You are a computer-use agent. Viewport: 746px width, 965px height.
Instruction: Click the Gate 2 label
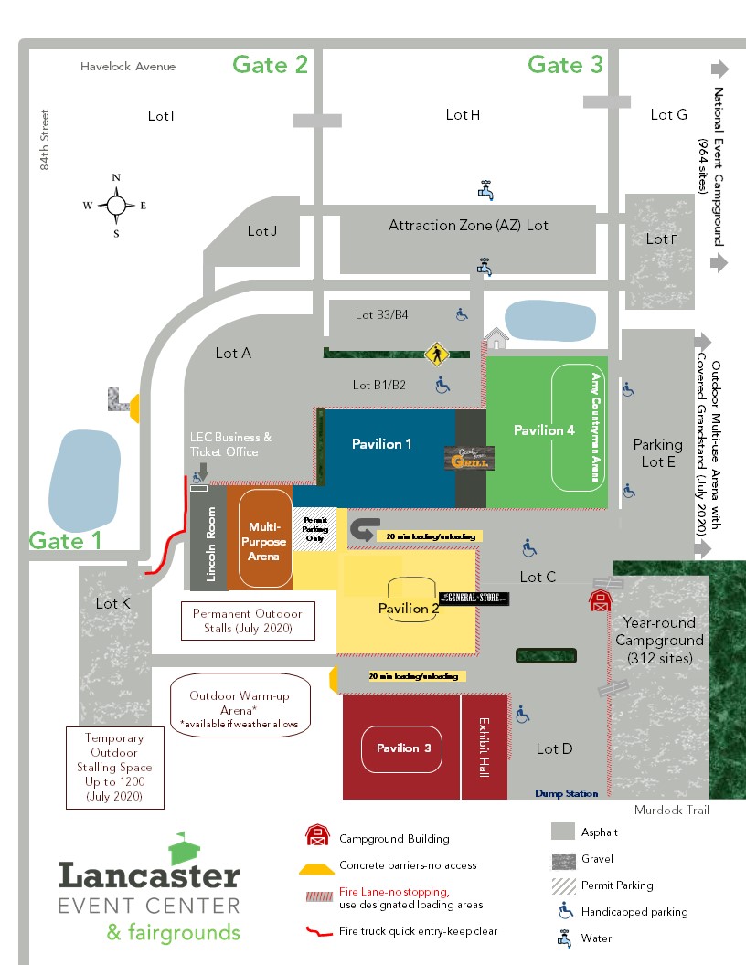270,64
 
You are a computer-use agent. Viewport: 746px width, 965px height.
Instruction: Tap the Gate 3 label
565,65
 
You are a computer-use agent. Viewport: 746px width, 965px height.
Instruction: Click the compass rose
116,205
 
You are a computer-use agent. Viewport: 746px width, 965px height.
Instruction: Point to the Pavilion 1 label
382,444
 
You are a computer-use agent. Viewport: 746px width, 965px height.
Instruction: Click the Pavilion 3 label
403,748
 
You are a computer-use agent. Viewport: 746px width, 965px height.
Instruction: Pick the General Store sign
474,598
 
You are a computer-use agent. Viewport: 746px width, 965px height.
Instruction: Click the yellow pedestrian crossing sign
436,354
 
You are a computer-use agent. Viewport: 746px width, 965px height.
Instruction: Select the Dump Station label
567,793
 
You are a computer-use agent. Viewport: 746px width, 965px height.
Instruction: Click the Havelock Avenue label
127,67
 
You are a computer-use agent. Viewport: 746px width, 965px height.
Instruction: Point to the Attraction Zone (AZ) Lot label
468,225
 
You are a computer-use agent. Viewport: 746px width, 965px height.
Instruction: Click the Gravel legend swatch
564,859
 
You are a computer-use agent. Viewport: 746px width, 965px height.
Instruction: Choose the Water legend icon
564,938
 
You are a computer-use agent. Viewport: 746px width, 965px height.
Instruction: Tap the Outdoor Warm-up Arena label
240,703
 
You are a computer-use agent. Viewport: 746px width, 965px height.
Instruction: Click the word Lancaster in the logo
149,875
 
